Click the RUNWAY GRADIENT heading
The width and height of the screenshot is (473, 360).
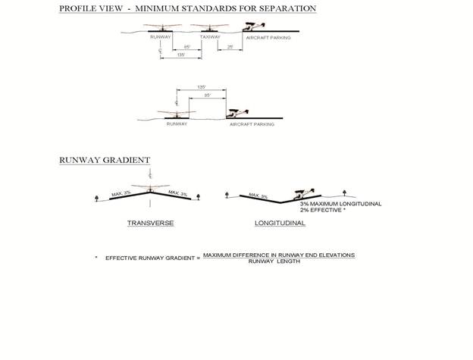105,160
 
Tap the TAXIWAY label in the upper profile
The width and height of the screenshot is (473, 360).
210,36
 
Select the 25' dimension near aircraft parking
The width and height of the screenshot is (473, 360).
230,47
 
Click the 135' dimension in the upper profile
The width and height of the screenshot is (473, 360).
180,55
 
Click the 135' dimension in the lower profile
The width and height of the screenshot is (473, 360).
201,87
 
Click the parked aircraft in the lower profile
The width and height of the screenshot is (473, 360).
238,112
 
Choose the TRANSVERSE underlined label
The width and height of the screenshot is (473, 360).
150,223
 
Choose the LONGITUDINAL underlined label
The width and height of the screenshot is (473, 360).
280,223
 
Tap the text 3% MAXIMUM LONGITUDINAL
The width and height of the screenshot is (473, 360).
340,204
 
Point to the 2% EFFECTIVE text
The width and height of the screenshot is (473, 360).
323,211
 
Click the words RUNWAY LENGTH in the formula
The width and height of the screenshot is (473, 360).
279,261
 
